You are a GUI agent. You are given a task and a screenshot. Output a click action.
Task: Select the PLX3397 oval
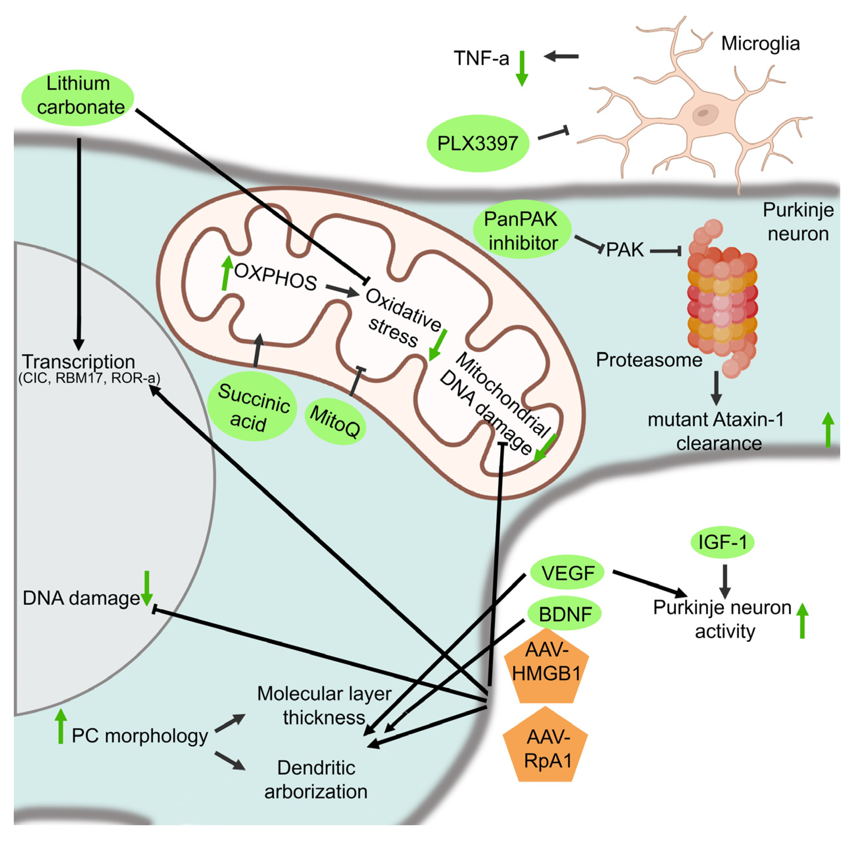pyautogui.click(x=477, y=143)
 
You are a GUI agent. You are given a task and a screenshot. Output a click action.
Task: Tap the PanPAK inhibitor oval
pyautogui.click(x=522, y=230)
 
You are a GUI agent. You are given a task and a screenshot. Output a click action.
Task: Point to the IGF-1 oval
pyautogui.click(x=722, y=541)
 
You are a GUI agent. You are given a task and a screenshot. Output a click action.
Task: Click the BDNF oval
pyautogui.click(x=565, y=613)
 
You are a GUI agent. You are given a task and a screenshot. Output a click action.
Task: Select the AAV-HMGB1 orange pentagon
pyautogui.click(x=547, y=667)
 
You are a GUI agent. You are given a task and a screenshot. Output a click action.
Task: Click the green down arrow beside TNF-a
pyautogui.click(x=522, y=68)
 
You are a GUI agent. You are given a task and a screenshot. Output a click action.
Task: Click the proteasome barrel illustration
pyautogui.click(x=722, y=300)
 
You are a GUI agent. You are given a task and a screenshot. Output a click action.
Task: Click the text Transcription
pyautogui.click(x=79, y=362)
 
